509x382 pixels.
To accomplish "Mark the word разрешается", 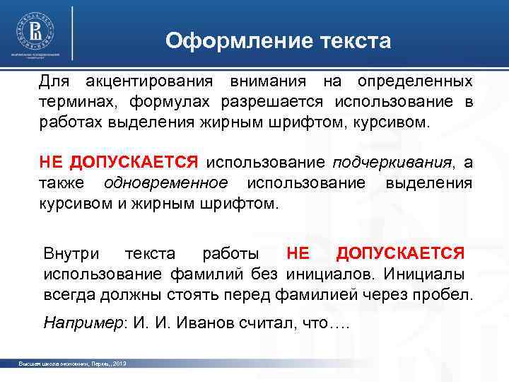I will tap(275, 102).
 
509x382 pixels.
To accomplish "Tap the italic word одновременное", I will tap(165, 183).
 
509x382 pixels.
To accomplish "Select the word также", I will tap(62, 183).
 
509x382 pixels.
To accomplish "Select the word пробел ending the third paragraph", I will tap(444, 294).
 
